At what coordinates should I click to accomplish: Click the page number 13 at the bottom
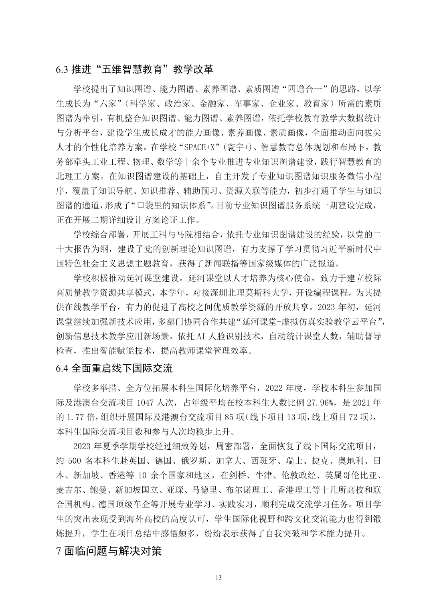(x=218, y=578)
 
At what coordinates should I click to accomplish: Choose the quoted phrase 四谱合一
(x=299, y=89)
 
